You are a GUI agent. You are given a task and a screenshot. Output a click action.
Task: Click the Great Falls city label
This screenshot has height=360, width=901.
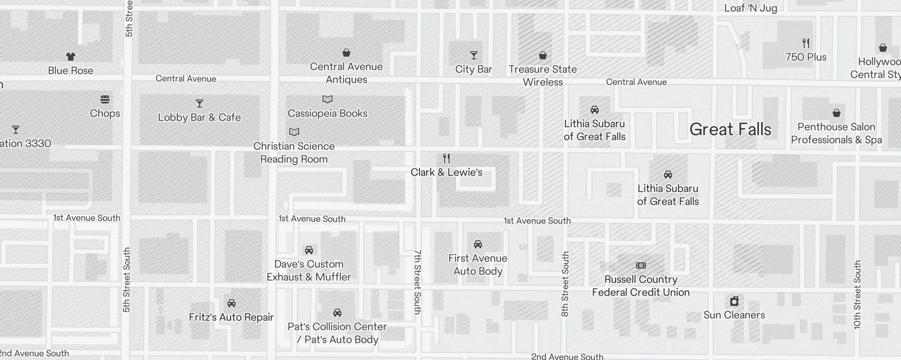click(730, 130)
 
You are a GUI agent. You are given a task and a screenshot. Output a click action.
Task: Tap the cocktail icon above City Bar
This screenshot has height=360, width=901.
click(473, 55)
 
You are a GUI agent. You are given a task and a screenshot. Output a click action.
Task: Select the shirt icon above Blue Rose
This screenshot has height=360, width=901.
click(71, 57)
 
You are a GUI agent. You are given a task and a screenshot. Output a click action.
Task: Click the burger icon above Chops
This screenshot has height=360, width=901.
click(105, 99)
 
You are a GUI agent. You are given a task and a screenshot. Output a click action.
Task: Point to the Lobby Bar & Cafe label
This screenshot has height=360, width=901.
click(199, 117)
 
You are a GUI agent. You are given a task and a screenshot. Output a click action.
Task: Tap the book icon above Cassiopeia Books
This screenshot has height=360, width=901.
click(328, 99)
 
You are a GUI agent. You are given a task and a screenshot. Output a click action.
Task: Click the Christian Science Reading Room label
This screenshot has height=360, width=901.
click(294, 153)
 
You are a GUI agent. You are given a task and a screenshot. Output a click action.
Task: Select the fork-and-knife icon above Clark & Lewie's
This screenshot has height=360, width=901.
click(446, 158)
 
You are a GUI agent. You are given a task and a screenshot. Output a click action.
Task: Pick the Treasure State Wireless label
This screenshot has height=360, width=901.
click(543, 76)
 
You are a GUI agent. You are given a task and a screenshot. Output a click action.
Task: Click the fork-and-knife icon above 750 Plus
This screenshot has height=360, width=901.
click(806, 43)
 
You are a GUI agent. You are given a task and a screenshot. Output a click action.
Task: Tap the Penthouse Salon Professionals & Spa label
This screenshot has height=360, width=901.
click(837, 133)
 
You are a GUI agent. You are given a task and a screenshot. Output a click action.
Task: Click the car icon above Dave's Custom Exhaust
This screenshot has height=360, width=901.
click(309, 250)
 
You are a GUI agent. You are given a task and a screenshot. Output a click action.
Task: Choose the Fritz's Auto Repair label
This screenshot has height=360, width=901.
click(231, 317)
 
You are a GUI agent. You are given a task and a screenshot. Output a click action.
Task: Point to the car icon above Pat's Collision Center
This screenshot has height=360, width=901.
click(337, 313)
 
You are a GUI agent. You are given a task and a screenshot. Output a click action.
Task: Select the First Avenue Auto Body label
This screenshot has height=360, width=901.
click(478, 265)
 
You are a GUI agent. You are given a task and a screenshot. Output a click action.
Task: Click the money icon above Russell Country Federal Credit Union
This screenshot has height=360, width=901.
click(641, 265)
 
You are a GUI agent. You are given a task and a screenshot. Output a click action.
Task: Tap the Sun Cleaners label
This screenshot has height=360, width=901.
click(734, 315)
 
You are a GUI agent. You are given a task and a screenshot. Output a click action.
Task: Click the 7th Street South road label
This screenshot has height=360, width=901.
click(418, 282)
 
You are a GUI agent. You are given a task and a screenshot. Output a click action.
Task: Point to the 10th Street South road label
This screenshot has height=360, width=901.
click(857, 295)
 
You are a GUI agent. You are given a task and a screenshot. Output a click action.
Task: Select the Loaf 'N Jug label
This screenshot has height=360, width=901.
click(751, 8)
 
